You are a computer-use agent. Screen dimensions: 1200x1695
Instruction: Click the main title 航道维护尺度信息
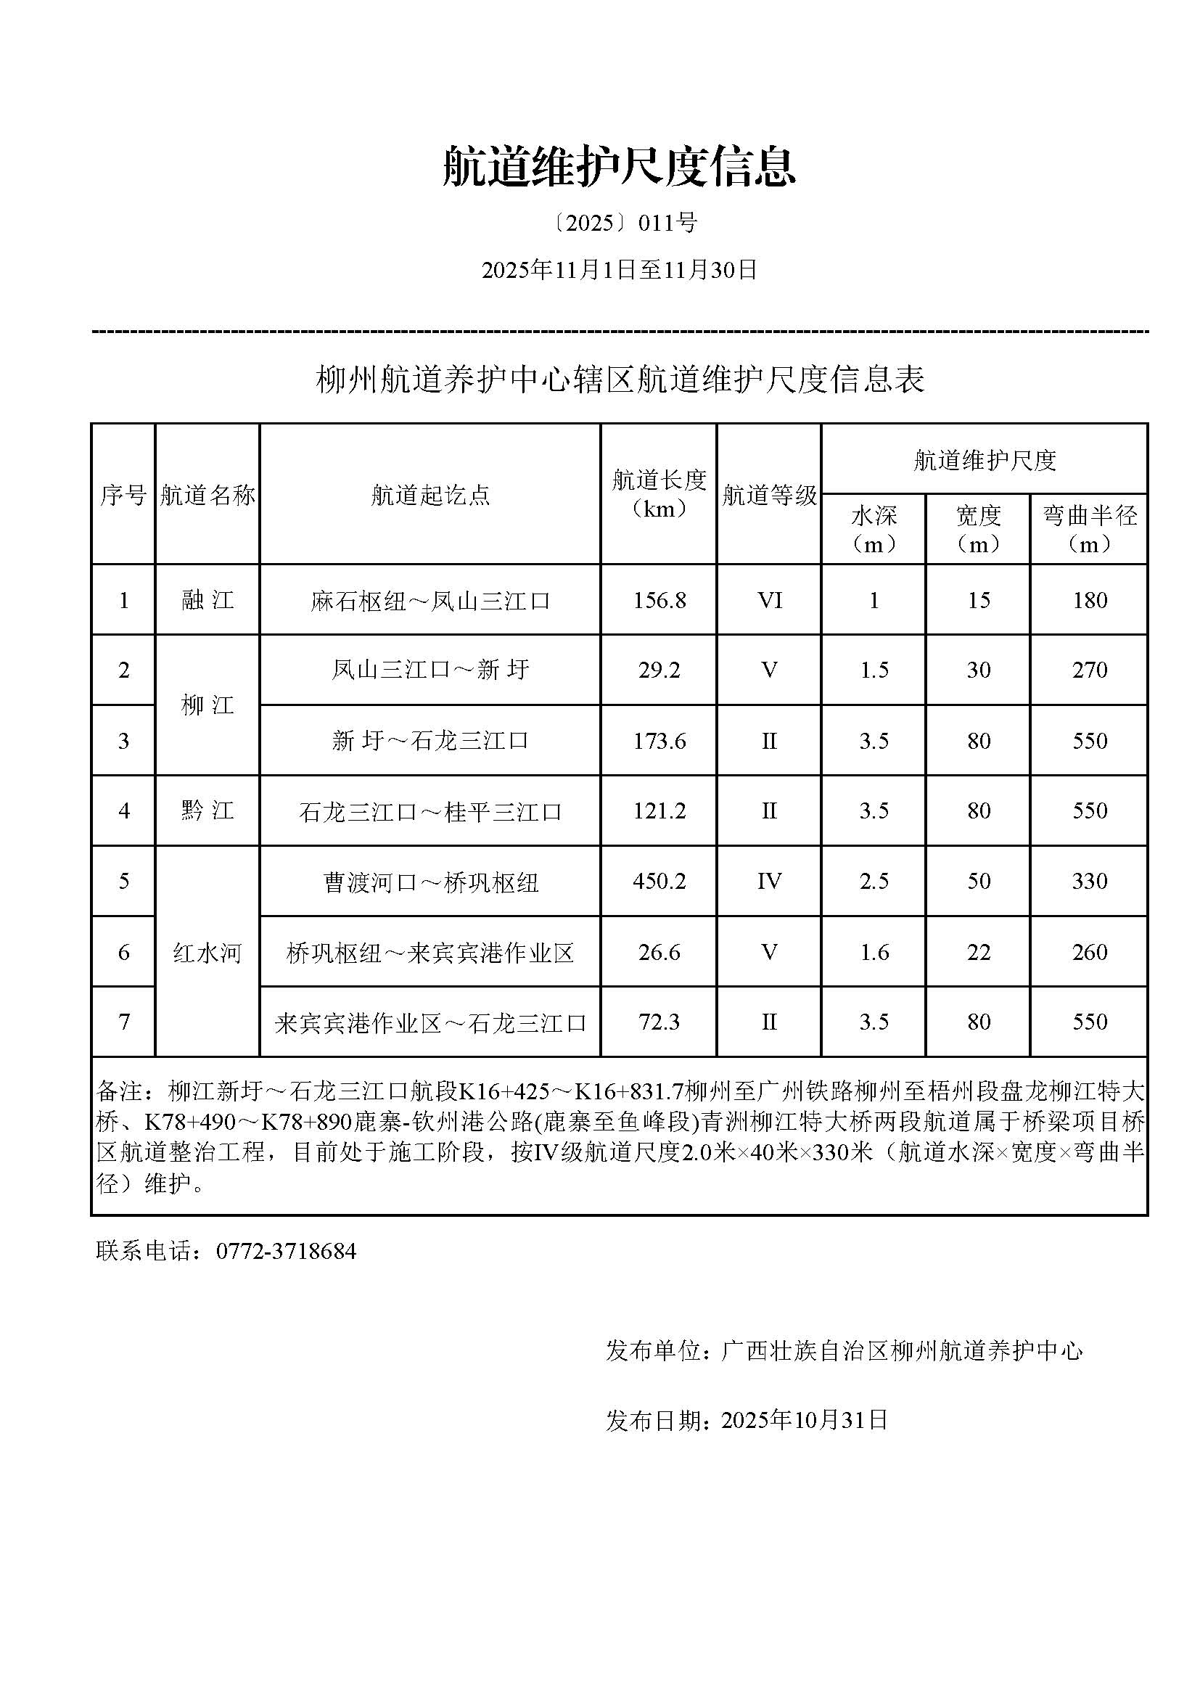point(618,166)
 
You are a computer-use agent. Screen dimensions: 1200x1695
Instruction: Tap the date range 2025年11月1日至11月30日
point(619,271)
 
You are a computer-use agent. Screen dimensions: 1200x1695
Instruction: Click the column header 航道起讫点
point(430,495)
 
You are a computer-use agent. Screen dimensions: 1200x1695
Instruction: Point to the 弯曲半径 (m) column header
point(1089,529)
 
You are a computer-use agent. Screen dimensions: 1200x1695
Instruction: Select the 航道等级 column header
point(768,495)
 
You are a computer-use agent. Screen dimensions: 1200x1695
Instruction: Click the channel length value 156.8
point(659,600)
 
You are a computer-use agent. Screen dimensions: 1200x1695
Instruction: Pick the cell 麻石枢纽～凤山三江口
point(430,601)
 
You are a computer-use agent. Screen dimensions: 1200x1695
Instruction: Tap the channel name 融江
point(207,600)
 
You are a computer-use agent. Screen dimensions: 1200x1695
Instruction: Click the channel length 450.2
point(659,881)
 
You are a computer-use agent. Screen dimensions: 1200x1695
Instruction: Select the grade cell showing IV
point(768,881)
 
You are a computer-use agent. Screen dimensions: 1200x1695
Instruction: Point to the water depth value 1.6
point(874,952)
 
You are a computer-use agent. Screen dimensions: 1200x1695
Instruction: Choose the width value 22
point(978,952)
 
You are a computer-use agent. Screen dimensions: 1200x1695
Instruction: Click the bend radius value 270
point(1089,670)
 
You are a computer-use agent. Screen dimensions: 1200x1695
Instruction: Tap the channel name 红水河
point(207,953)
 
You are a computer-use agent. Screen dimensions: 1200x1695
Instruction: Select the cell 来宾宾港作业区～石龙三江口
point(430,1022)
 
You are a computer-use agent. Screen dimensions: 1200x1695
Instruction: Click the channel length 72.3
point(659,1022)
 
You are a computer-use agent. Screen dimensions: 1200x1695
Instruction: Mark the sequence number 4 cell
point(123,810)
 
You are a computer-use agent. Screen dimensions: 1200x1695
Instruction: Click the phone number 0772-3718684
point(286,1251)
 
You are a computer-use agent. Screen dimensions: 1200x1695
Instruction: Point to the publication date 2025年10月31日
point(804,1420)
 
